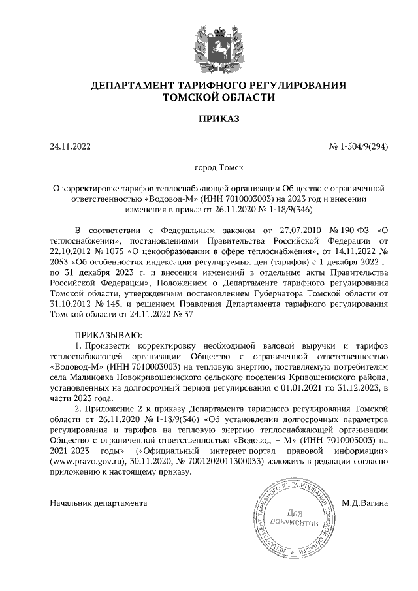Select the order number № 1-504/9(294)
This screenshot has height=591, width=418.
(359, 146)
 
